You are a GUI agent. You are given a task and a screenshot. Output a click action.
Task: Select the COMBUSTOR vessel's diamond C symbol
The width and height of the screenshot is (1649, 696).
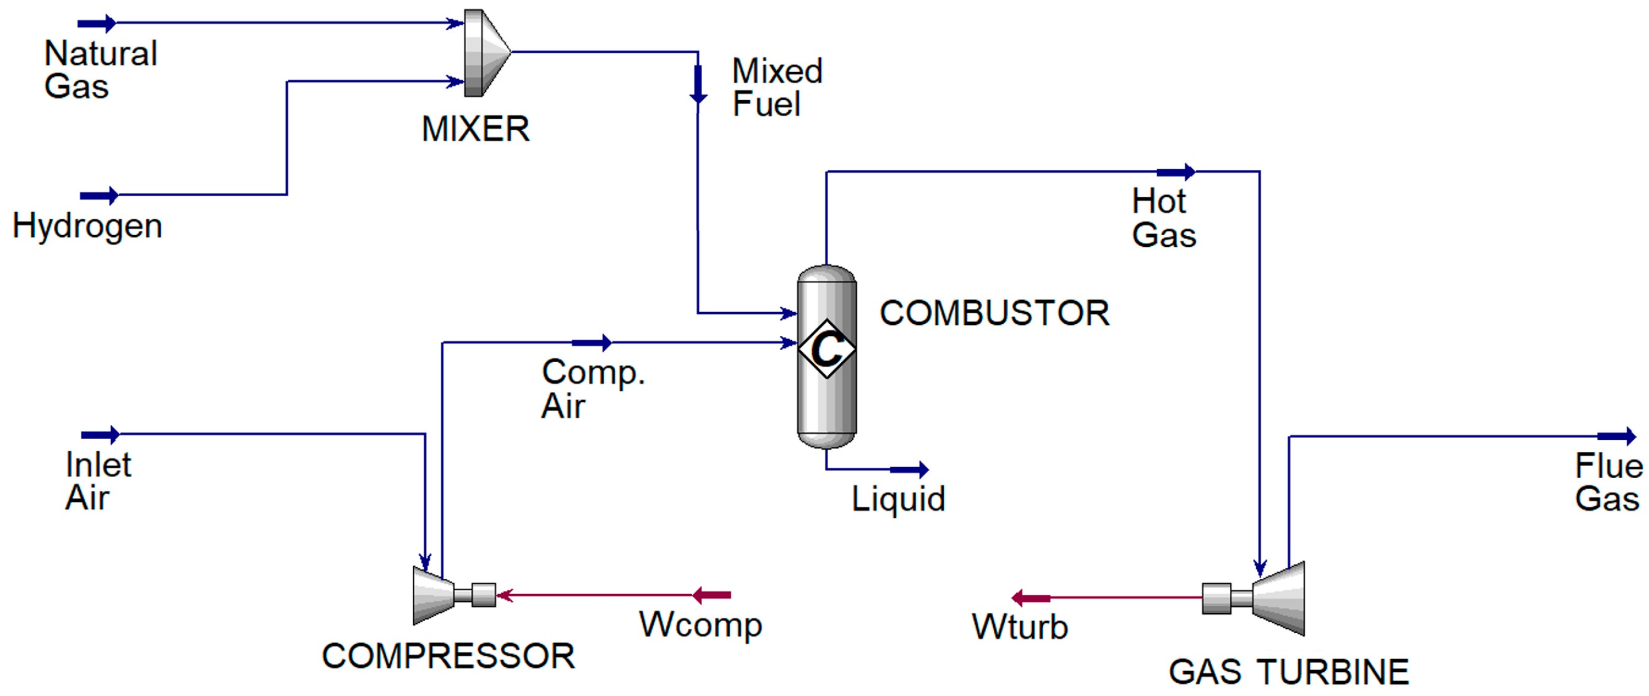point(827,349)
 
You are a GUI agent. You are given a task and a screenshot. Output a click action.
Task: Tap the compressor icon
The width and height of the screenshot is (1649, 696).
point(442,595)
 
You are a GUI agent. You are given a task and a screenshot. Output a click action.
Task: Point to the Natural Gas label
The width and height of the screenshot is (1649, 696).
point(101,70)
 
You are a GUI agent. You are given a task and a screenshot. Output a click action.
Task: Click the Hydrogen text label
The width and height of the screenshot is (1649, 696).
point(87,227)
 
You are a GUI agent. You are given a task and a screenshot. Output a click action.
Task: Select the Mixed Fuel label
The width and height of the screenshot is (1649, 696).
point(777,88)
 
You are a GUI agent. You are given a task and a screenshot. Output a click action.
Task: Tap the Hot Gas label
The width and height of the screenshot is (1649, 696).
point(1163,218)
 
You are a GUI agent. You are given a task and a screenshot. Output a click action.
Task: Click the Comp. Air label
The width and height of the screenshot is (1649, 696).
point(592,389)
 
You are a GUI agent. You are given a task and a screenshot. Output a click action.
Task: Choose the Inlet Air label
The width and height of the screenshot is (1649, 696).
point(98,481)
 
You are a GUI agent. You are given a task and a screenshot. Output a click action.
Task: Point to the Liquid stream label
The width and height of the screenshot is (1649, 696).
point(897,499)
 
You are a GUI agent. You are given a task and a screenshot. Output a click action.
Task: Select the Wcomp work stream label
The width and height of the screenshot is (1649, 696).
point(700,624)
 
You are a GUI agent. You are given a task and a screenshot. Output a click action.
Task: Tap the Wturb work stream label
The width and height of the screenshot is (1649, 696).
point(1020,627)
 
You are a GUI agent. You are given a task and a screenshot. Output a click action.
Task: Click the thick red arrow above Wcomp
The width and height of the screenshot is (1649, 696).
point(712,595)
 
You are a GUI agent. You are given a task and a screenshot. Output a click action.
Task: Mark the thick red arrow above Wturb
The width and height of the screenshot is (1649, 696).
point(1030,598)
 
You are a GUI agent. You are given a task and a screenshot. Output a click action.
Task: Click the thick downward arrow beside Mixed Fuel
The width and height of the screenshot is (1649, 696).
point(698,84)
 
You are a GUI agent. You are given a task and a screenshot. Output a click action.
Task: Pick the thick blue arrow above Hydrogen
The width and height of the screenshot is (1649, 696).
point(99,195)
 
